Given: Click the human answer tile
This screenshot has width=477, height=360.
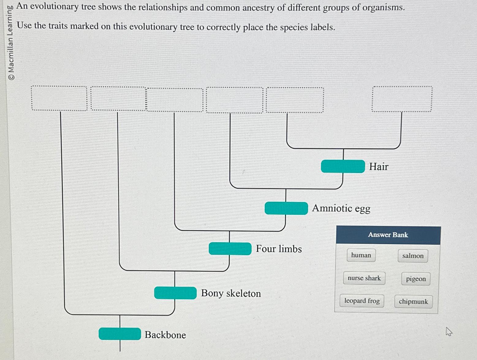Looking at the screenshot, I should [x=361, y=255].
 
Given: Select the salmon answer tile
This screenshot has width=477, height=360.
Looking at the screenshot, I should [x=413, y=256].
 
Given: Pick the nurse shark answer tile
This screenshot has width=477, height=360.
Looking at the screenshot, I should [x=364, y=278].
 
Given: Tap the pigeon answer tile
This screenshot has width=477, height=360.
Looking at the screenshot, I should [x=416, y=279].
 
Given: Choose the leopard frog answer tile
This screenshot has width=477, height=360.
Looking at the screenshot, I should [x=362, y=301].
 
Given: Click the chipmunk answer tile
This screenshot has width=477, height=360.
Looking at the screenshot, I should [x=413, y=301].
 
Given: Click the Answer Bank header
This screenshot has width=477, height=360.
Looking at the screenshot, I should [x=388, y=235].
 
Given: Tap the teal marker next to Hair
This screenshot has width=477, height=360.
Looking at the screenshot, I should [x=343, y=166].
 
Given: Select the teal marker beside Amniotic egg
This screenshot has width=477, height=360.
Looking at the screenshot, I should [x=286, y=208].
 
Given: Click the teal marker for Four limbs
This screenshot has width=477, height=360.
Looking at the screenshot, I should [x=230, y=248].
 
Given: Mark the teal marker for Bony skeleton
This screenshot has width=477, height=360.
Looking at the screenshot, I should [x=175, y=293].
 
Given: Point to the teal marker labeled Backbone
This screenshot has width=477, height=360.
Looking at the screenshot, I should [x=120, y=334].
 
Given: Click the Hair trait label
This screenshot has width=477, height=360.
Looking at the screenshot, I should [x=379, y=167].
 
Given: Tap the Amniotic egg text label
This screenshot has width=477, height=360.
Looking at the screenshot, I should [x=341, y=208].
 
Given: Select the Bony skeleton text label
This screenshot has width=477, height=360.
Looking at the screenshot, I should [x=231, y=293].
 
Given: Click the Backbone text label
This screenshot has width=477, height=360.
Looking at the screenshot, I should [x=165, y=335].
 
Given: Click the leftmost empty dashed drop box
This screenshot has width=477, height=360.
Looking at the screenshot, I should [x=59, y=98].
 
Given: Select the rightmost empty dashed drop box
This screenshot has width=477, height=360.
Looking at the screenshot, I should [x=402, y=99].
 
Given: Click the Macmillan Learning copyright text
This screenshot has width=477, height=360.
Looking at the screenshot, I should [x=11, y=43].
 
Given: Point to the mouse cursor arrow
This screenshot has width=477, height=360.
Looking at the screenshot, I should [x=449, y=331].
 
